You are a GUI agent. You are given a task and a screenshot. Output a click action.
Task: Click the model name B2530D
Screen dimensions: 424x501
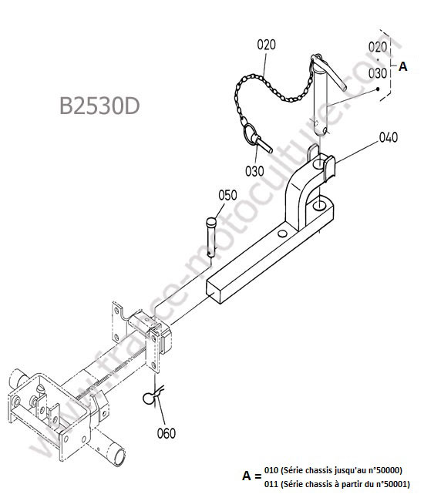point(99,106)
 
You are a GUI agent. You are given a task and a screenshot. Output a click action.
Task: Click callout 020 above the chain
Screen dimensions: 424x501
point(266,45)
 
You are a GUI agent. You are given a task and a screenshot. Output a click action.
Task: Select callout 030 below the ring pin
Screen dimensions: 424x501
point(254,171)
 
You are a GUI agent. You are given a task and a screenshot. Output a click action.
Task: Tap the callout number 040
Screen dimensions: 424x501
point(389,137)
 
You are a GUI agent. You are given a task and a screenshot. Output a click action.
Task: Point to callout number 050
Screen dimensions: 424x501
point(228,195)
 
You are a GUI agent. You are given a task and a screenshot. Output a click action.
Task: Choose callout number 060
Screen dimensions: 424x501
point(167,433)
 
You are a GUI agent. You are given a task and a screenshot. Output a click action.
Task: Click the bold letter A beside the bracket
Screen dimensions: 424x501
point(403,66)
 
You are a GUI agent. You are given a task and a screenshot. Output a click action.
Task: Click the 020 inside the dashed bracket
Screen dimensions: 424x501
point(378,47)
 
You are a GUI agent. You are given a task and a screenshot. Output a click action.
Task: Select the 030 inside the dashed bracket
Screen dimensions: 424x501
point(378,73)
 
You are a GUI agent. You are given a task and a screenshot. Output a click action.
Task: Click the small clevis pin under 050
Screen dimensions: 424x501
point(211,237)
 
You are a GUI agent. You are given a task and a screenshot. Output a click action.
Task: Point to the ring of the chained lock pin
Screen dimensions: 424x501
point(250,133)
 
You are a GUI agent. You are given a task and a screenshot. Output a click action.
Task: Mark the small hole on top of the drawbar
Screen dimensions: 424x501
point(282,234)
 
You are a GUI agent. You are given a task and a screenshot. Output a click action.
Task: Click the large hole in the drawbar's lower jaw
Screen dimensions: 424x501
point(319,206)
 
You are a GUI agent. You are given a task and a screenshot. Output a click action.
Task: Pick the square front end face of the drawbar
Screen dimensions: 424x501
point(214,292)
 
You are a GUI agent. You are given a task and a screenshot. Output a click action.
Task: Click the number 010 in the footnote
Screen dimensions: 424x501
point(271,470)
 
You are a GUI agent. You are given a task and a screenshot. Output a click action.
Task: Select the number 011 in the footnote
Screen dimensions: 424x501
point(271,484)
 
